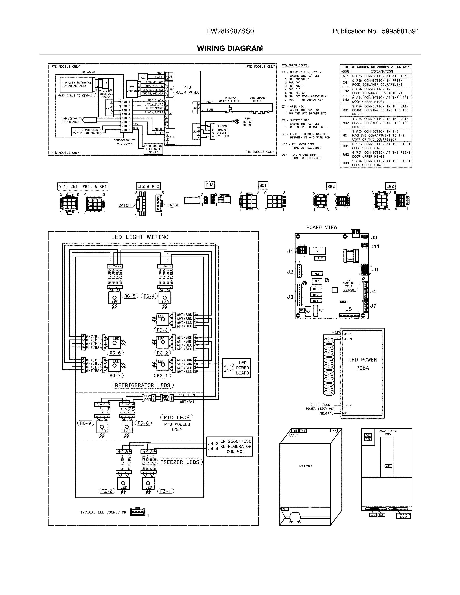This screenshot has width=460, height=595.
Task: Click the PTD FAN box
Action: (143, 77)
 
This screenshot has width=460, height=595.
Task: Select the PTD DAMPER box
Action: (132, 89)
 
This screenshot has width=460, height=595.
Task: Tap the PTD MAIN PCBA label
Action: (187, 90)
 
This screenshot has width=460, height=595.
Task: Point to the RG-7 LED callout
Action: (115, 375)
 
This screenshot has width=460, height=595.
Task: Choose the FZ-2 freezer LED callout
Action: (107, 491)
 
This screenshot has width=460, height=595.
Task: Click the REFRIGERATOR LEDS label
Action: (143, 385)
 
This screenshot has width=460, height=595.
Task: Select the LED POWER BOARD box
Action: (236, 368)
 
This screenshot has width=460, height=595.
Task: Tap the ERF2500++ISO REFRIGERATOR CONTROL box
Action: (229, 446)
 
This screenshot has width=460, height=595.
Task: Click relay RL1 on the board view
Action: (317, 251)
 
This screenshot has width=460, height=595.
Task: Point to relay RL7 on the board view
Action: (316, 310)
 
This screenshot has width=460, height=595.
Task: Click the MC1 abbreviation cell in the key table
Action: (346, 135)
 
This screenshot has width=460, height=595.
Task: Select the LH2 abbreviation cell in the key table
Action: (346, 100)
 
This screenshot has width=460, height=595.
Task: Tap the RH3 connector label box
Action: (210, 185)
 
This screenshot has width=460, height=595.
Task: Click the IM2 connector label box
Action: (390, 186)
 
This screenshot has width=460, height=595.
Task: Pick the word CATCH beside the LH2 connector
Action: (124, 205)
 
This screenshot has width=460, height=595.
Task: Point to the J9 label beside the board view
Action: (374, 238)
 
